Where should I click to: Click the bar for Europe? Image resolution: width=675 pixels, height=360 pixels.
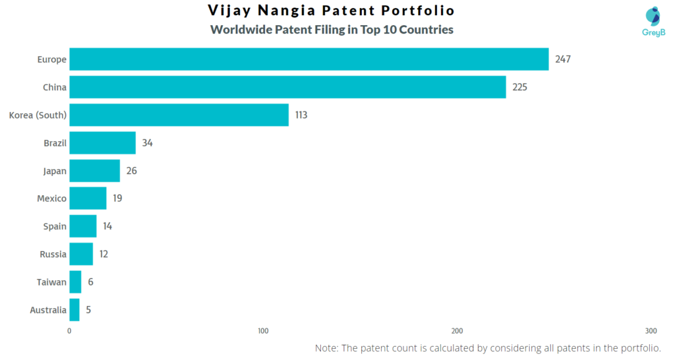pyautogui.click(x=308, y=59)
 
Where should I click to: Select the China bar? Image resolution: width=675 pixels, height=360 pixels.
pyautogui.click(x=287, y=87)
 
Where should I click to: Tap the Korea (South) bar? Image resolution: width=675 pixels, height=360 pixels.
pyautogui.click(x=179, y=115)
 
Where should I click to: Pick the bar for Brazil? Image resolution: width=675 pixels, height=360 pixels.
pyautogui.click(x=102, y=142)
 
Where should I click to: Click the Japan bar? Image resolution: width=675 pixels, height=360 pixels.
pyautogui.click(x=94, y=171)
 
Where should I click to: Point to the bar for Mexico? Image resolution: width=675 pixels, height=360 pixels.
pyautogui.click(x=88, y=198)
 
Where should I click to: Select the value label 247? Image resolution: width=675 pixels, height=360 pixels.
pyautogui.click(x=562, y=59)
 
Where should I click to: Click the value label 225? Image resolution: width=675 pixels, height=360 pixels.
pyautogui.click(x=519, y=87)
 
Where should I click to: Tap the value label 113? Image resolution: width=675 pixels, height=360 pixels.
pyautogui.click(x=301, y=115)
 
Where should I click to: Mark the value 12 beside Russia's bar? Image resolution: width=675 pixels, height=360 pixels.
pyautogui.click(x=103, y=254)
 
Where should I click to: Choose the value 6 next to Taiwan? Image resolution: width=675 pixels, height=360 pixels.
pyautogui.click(x=90, y=282)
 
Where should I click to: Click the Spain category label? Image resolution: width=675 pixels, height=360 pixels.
pyautogui.click(x=55, y=226)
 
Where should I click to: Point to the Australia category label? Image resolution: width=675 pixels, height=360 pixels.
pyautogui.click(x=48, y=310)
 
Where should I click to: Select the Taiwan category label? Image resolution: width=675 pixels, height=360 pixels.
pyautogui.click(x=51, y=282)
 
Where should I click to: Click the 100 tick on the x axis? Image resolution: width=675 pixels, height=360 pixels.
pyautogui.click(x=263, y=331)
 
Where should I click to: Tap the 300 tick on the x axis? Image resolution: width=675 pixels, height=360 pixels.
pyautogui.click(x=651, y=331)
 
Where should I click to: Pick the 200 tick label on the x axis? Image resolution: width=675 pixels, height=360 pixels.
pyautogui.click(x=457, y=331)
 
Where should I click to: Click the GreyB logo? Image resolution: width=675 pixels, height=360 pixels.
pyautogui.click(x=653, y=21)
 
